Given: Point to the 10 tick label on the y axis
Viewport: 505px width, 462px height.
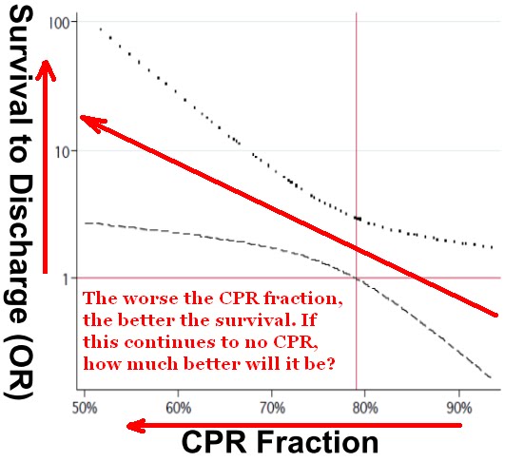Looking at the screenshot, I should pyautogui.click(x=68, y=150).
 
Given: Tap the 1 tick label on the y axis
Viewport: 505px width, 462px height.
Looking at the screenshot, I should pyautogui.click(x=70, y=279).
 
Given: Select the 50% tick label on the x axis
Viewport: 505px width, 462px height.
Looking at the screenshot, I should pyautogui.click(x=84, y=408).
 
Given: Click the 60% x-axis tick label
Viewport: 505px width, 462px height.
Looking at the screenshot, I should pyautogui.click(x=178, y=408).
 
